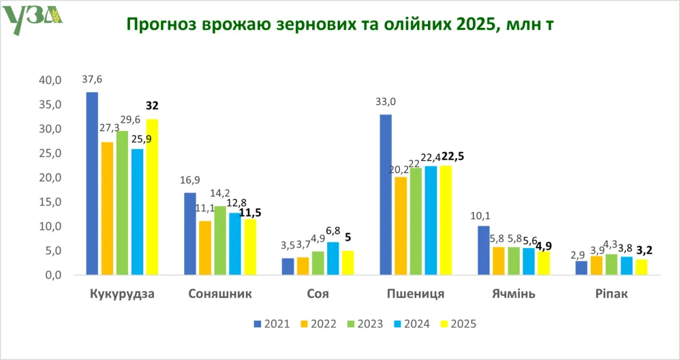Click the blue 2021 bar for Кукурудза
(92, 183)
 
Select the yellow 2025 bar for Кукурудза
(152, 197)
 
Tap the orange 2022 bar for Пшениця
(401, 226)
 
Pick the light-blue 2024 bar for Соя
(333, 258)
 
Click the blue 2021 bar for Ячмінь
(483, 250)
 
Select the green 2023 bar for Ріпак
(611, 265)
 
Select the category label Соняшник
(219, 295)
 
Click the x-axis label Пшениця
(416, 295)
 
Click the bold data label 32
(152, 106)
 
